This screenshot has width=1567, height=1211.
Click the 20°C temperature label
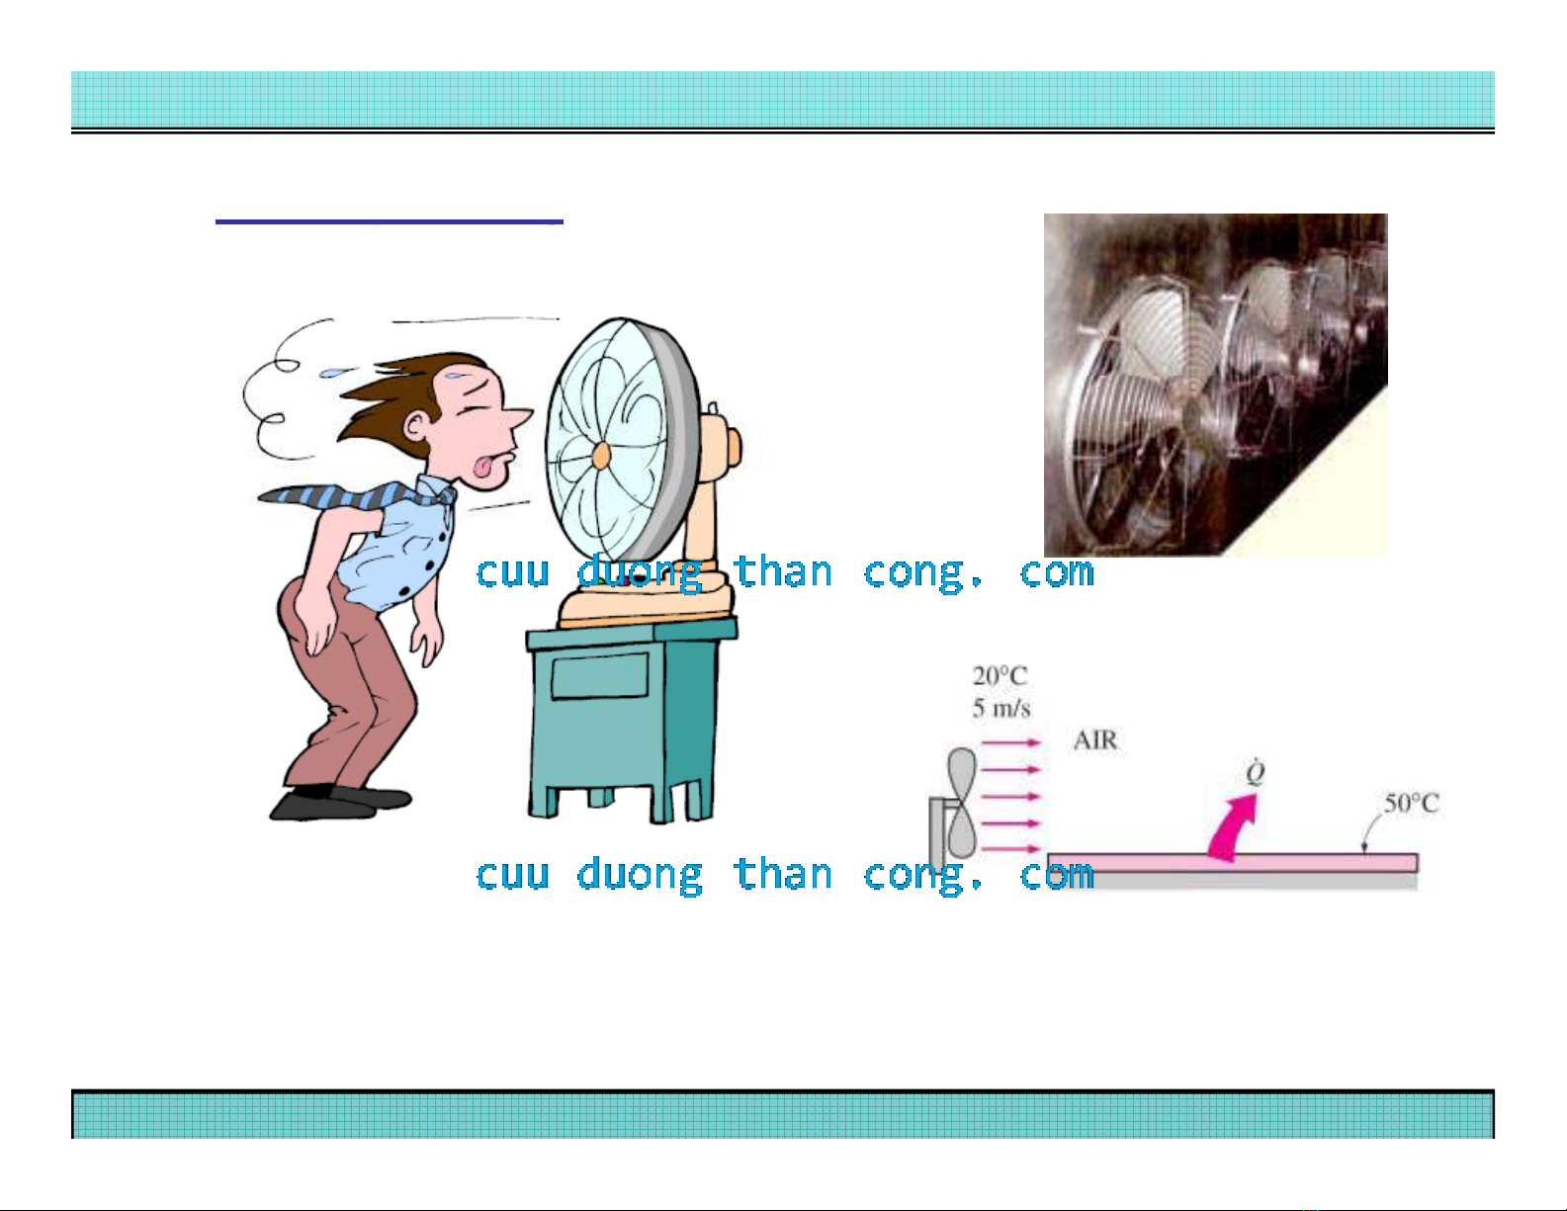click(x=1000, y=675)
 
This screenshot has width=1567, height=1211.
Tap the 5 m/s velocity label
click(x=1001, y=708)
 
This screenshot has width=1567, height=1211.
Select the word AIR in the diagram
click(x=1095, y=740)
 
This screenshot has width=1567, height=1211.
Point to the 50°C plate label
click(x=1411, y=803)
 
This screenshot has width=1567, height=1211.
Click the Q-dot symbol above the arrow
click(x=1255, y=772)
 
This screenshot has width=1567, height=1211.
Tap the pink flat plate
click(x=1233, y=863)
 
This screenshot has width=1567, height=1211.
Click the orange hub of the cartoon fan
click(x=601, y=456)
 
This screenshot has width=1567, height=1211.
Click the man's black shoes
click(x=339, y=802)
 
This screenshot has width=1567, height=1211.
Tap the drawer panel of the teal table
click(x=599, y=675)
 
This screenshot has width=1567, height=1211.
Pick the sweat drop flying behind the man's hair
click(x=333, y=373)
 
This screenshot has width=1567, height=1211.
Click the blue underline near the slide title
click(x=390, y=221)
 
